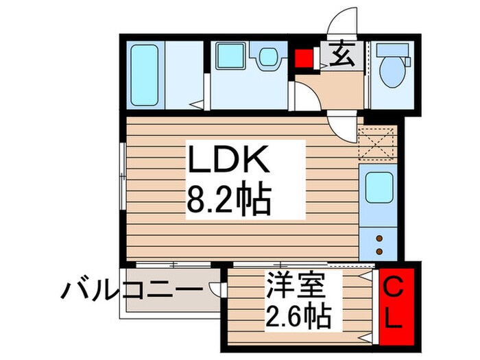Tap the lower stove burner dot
click(x=379, y=249)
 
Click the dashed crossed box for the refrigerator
click(x=379, y=144)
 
